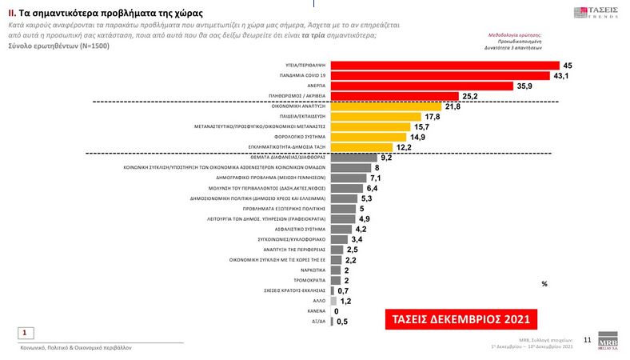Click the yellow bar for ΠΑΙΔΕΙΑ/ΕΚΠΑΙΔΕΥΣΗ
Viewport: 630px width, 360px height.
380,116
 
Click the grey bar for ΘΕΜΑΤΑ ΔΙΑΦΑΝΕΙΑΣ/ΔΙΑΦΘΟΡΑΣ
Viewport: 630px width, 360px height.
353,158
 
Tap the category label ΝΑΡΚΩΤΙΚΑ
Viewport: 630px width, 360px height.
311,270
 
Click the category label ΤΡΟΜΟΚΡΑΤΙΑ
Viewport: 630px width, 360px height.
308,280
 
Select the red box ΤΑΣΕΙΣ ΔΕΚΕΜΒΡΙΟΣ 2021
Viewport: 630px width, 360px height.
461,318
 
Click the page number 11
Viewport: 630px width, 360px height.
588,341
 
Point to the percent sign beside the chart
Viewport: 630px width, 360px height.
544,284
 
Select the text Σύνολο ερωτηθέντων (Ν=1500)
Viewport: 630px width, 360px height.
60,46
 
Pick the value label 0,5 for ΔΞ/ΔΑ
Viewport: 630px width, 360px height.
342,321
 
